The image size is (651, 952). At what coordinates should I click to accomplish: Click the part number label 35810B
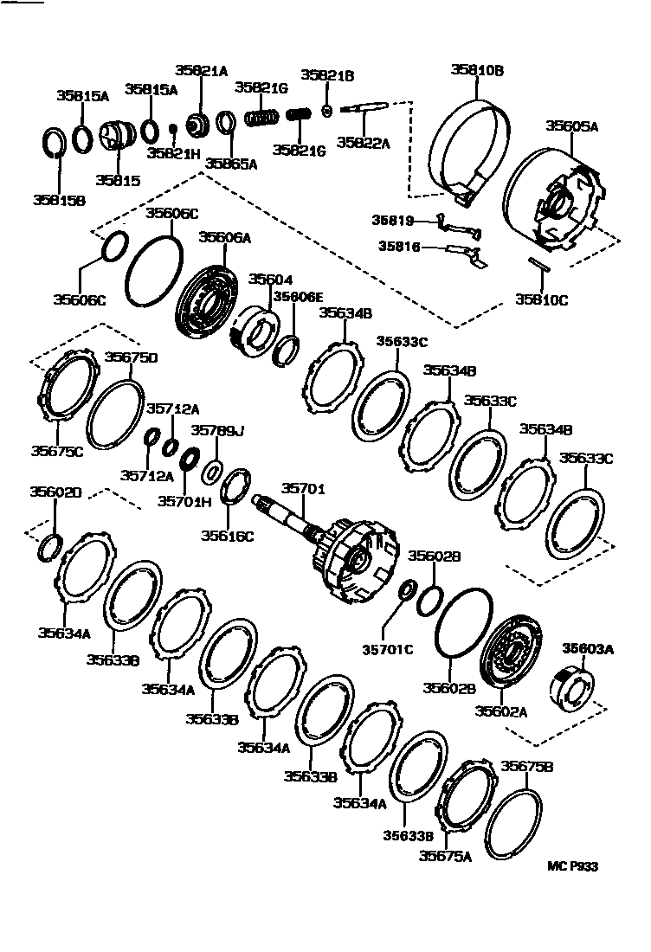pos(477,71)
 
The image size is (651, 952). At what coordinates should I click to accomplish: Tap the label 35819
pos(394,222)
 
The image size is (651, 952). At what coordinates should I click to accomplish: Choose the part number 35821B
pos(327,76)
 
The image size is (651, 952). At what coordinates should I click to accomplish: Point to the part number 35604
pos(270,280)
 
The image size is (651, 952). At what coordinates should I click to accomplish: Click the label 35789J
pos(217,430)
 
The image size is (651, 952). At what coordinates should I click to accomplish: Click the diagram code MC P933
pos(572,866)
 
